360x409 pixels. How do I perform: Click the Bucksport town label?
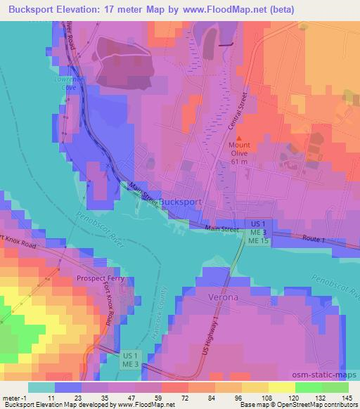tap(181, 202)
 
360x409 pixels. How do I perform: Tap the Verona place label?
tap(224, 297)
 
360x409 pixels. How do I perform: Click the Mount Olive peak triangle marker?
tap(238, 138)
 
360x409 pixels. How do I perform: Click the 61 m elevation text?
tap(239, 162)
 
